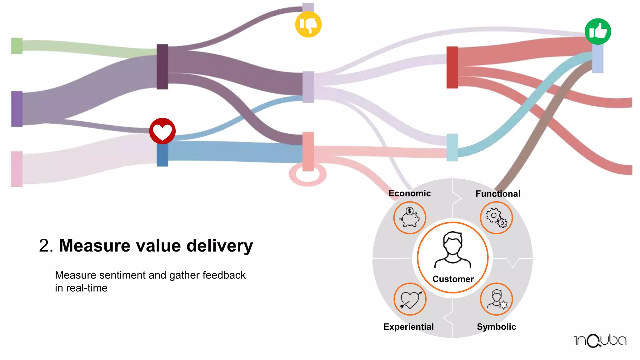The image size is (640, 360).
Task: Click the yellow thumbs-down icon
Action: coord(308,24)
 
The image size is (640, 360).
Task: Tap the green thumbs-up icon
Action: coord(598,32)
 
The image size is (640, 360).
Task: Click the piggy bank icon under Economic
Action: coord(410,217)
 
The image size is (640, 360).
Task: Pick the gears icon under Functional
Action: coord(496,217)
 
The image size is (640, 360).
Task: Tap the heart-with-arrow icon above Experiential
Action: coord(410,299)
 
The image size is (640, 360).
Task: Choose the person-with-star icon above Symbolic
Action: coord(496,299)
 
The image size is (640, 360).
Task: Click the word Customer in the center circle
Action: coord(453,279)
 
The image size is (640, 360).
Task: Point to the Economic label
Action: coord(409,193)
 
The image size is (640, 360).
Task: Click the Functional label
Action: coord(498,194)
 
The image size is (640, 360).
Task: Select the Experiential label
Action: coord(408,327)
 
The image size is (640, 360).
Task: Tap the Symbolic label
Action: coord(496,327)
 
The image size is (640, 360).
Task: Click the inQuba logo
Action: coord(600,340)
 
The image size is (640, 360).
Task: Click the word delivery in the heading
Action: coord(220,246)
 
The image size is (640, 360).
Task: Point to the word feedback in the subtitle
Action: coord(224,275)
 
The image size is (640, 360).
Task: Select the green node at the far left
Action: coord(17,46)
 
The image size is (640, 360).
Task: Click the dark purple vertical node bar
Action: coord(162,67)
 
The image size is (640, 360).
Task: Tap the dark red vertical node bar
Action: coord(452,67)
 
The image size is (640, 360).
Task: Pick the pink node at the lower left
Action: coord(17,169)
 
